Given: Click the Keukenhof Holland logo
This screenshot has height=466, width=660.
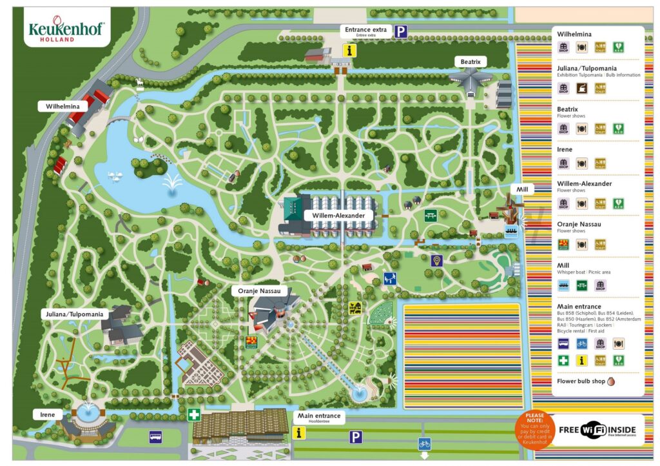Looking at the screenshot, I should tap(66, 28).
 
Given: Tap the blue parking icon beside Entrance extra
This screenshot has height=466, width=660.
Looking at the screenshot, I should tap(402, 31).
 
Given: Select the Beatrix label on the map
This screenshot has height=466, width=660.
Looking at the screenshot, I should tap(469, 62).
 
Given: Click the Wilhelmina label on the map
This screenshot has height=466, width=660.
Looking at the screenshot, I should tap(63, 106).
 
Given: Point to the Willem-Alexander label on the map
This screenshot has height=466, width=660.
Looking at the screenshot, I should tap(331, 215).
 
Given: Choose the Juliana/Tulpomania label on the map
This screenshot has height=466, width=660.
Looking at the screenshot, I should tap(74, 314).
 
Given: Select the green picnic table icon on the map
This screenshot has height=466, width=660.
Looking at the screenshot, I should tap(431, 216).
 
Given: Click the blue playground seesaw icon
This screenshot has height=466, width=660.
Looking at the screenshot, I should tap(390, 278).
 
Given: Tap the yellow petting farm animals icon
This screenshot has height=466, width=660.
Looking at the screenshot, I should tap(355, 307).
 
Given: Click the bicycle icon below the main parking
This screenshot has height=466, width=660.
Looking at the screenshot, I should tap(424, 444).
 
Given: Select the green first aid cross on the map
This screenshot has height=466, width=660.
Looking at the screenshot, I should tap(194, 414).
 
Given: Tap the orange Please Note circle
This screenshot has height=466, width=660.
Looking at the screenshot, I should tap(535, 427).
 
